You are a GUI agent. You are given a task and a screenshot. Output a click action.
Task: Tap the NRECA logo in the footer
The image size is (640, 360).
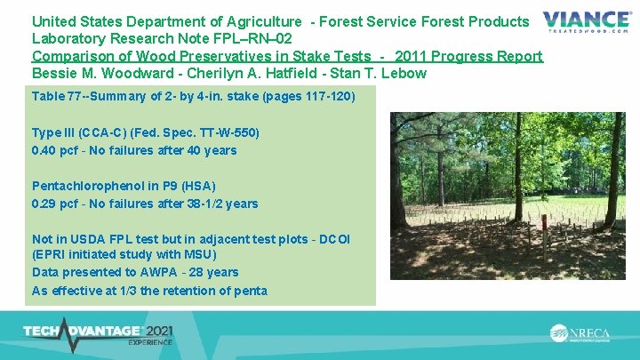click(x=581, y=333)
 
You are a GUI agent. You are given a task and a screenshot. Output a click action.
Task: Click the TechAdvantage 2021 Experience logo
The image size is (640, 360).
click(x=99, y=333)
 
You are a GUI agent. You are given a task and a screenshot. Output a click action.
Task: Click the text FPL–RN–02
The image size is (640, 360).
click(x=253, y=38)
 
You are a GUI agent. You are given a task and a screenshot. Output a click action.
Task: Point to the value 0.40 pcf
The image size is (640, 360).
click(x=55, y=150)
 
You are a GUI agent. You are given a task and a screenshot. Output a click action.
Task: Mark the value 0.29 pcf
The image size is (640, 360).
click(x=55, y=204)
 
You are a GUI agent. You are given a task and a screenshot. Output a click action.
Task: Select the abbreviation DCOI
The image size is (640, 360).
click(x=333, y=239)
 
